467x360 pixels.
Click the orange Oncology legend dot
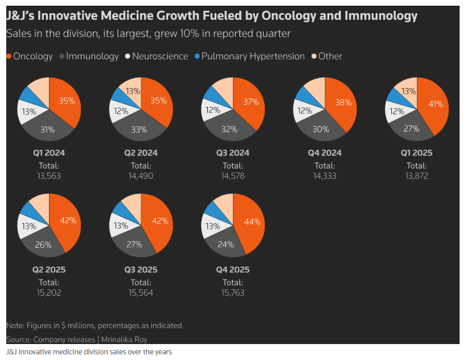[x=9, y=56]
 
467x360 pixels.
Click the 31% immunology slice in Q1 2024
[x=48, y=129]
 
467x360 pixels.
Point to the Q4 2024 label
[x=325, y=153]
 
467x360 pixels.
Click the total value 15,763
[x=232, y=293]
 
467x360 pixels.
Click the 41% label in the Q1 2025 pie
[x=435, y=105]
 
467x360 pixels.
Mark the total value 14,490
[x=140, y=176]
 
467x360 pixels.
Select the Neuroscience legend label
[x=160, y=56]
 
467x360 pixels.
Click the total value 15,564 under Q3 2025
[x=140, y=293]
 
